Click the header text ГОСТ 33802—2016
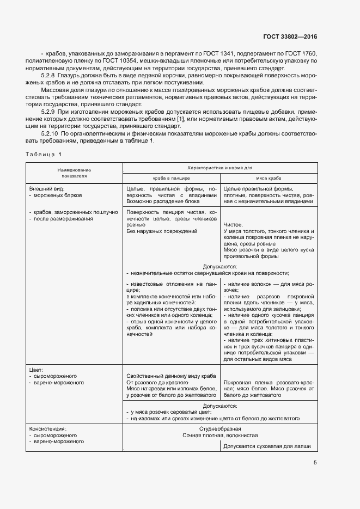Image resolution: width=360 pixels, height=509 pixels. pyautogui.click(x=289, y=37)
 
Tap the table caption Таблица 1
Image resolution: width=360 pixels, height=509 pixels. pyautogui.click(x=44, y=154)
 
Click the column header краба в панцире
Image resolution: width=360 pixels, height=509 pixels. pyautogui.click(x=171, y=178)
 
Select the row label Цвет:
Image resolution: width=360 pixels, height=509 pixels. pyautogui.click(x=36, y=370)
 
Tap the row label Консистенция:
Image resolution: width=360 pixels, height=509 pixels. pyautogui.click(x=48, y=428)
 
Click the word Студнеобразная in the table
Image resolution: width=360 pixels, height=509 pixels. pyautogui.click(x=220, y=429)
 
